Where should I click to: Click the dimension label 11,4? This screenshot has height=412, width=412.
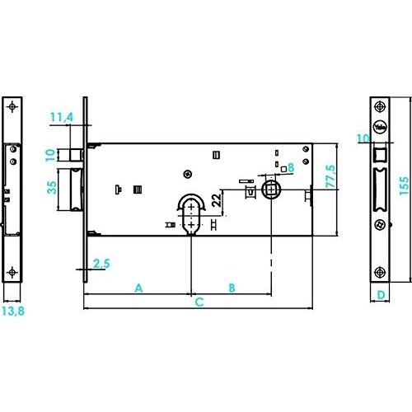(x=62, y=117)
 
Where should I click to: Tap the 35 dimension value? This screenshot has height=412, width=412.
(x=52, y=188)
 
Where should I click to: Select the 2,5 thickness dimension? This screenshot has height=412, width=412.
(x=101, y=264)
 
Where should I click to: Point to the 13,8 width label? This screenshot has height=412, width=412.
(x=13, y=311)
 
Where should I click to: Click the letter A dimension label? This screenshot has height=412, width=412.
(x=139, y=288)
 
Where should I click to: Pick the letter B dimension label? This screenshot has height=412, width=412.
(x=232, y=288)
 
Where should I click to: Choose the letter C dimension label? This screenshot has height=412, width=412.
(x=199, y=302)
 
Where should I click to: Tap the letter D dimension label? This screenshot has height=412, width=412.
(x=381, y=295)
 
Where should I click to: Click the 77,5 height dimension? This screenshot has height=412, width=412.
(x=330, y=176)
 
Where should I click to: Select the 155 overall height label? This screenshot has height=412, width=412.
(x=404, y=186)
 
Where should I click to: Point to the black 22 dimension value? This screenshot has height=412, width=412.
(x=217, y=200)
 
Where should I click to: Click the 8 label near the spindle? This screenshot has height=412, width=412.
(x=291, y=167)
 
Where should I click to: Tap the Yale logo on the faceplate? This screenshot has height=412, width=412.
(x=380, y=127)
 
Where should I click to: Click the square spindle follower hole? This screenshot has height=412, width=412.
(x=272, y=189)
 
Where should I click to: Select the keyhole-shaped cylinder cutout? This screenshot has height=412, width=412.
(x=191, y=215)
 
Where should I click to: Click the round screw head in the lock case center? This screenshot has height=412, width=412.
(x=188, y=174)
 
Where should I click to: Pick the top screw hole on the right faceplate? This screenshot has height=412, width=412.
(x=380, y=106)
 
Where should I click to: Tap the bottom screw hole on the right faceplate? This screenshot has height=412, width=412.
(x=380, y=272)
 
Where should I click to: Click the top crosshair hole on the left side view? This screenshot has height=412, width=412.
(x=12, y=106)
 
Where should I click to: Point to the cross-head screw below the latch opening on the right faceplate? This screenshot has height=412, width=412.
(x=380, y=224)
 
